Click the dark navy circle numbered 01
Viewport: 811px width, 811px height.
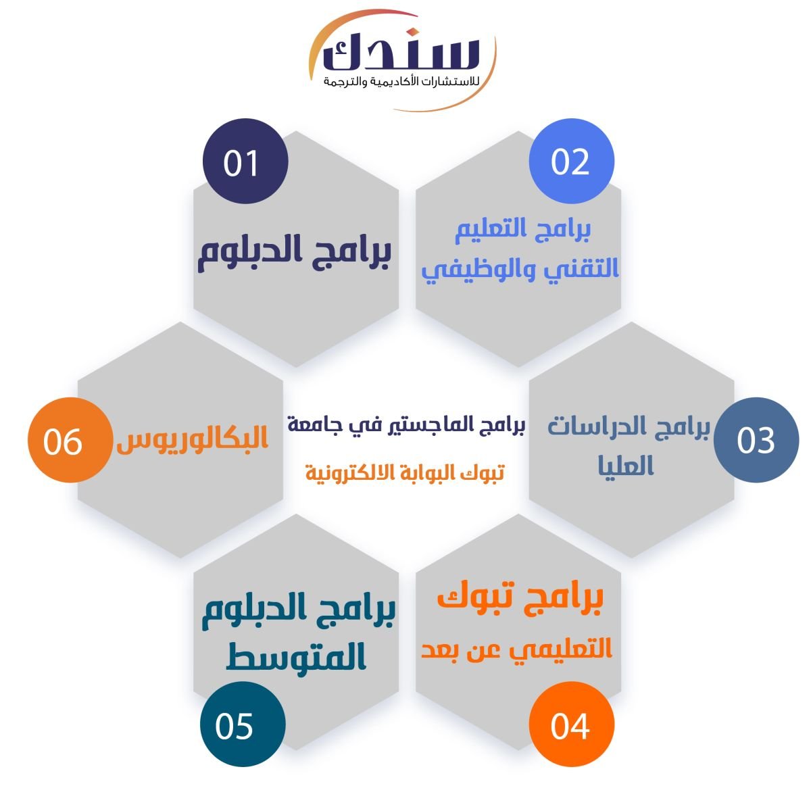pyautogui.click(x=245, y=162)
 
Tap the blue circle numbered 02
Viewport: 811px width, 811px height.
pyautogui.click(x=571, y=162)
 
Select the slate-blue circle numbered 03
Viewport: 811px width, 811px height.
pyautogui.click(x=756, y=440)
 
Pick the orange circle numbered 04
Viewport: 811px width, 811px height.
pyautogui.click(x=571, y=724)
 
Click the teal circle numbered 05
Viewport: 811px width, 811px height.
pyautogui.click(x=243, y=724)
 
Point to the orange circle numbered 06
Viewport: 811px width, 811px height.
pyautogui.click(x=70, y=440)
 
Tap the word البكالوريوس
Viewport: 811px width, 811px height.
pyautogui.click(x=193, y=439)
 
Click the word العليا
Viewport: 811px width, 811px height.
pyautogui.click(x=626, y=466)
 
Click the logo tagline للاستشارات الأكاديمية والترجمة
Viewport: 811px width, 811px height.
pyautogui.click(x=401, y=82)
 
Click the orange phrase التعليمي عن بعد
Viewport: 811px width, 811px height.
pyautogui.click(x=516, y=649)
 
